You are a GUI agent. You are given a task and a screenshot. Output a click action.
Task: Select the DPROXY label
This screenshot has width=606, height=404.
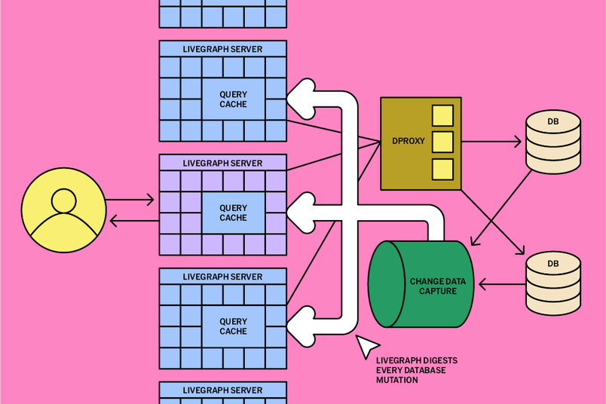click(x=409, y=141)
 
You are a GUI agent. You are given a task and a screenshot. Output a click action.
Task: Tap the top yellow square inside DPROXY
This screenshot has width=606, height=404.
click(x=442, y=115)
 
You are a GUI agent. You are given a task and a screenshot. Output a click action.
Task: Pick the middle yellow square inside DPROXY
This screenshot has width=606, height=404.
click(x=442, y=142)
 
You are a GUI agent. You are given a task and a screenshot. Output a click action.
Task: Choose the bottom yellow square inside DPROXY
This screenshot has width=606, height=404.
click(x=442, y=169)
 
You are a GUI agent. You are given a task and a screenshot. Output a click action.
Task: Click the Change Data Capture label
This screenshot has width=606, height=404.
click(x=437, y=286)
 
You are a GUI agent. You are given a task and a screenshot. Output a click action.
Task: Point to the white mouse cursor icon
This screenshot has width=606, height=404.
click(x=367, y=345)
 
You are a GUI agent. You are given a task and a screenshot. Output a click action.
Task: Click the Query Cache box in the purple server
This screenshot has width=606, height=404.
click(x=233, y=213)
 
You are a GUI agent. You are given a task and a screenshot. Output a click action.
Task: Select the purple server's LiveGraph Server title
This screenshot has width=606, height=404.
click(x=222, y=163)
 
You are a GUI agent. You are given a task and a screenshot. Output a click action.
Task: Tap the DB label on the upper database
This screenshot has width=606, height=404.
click(x=553, y=121)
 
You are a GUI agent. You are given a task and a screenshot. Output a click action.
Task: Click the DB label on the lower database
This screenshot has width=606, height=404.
click(x=553, y=263)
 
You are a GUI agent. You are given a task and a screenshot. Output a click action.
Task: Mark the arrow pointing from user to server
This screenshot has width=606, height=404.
click(x=130, y=200)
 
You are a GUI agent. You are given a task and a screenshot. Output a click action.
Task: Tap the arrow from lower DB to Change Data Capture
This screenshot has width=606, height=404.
click(x=501, y=285)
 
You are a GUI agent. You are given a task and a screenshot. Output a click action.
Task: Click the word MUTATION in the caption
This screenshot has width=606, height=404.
click(x=397, y=380)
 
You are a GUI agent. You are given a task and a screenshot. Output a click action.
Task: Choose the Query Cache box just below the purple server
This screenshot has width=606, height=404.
click(x=233, y=326)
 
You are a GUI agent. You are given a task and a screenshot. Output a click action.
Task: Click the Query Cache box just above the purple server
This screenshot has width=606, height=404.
click(x=233, y=99)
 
